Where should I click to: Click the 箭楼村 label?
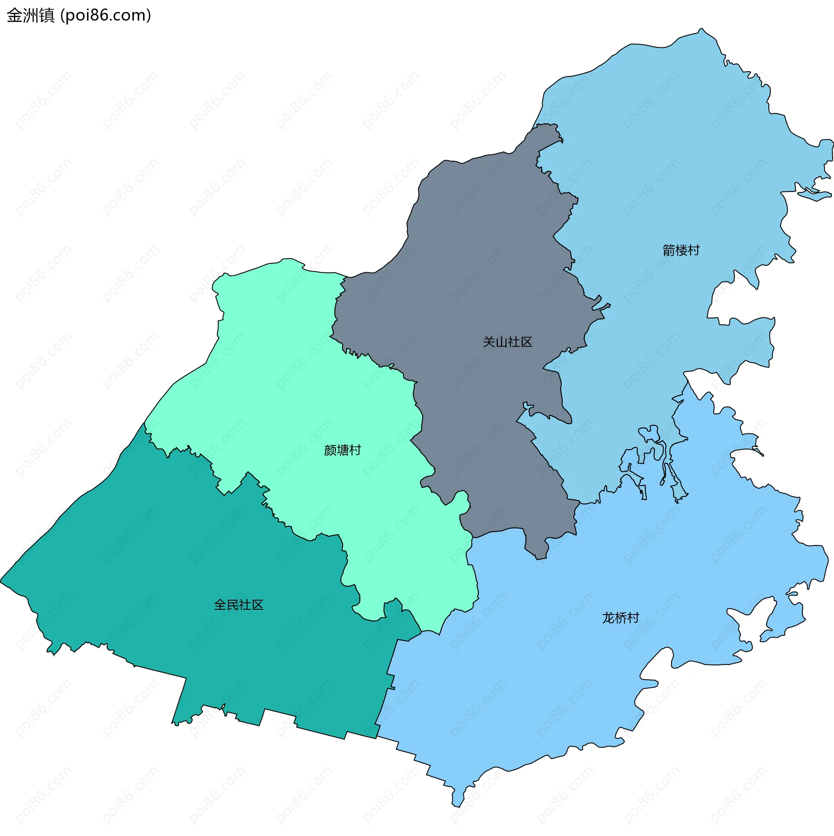coord(681,250)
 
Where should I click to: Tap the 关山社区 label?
coord(507,342)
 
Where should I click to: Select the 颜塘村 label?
coord(342,450)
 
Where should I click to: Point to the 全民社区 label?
coord(238,605)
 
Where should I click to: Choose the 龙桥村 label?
coord(620,618)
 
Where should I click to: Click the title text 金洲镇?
coord(30,15)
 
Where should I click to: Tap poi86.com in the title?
coord(106,15)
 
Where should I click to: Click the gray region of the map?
coord(478,261)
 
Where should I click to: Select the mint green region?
coord(282,391)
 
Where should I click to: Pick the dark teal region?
coord(174,565)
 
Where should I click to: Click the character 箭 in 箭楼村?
coord(669,250)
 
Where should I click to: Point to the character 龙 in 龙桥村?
coord(608,618)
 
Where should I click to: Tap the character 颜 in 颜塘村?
coord(330,450)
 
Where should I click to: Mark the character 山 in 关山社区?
coord(501,342)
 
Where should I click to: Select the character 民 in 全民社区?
coord(232,605)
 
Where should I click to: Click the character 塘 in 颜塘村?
coord(342,450)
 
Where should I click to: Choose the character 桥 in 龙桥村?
coord(620,618)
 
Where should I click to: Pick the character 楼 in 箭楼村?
coord(681,250)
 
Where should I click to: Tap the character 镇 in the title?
coord(46,15)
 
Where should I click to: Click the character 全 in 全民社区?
coord(220,605)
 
